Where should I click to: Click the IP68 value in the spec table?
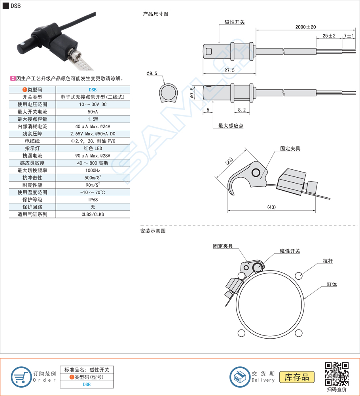tap(93, 200)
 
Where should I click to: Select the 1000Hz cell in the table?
tap(93, 171)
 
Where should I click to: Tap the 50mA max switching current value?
tap(93, 112)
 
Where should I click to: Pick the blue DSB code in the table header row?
tap(93, 90)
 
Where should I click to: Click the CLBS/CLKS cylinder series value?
tap(93, 214)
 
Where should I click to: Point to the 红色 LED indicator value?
tap(93, 148)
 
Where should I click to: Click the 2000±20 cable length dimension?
tap(305, 27)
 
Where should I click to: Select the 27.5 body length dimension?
tap(229, 70)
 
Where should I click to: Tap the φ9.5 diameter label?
tap(152, 73)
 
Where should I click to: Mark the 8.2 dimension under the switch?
tap(242, 110)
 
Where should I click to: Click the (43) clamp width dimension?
tap(271, 207)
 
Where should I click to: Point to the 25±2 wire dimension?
tap(329, 36)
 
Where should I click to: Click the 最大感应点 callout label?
tap(231, 126)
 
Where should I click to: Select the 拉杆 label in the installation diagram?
tap(328, 261)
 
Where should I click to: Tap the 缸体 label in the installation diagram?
tap(332, 284)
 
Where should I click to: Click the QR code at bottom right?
tap(337, 374)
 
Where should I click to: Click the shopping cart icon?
tap(21, 377)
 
